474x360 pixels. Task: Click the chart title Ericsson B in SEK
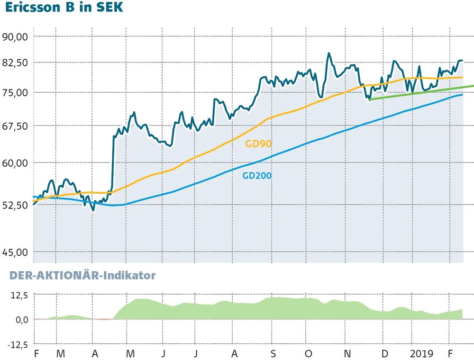64,9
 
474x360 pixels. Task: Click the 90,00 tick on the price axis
16,36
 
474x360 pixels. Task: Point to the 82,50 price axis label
16,63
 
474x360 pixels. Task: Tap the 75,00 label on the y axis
16,92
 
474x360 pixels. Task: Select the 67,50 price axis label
16,126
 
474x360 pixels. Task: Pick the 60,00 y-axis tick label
16,162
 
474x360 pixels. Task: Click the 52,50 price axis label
16,205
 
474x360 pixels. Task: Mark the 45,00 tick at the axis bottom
16,252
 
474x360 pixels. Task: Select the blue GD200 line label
257,176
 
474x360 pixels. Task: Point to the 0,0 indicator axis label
21,319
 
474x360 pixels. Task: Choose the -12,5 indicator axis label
17,344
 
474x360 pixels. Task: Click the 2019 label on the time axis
422,353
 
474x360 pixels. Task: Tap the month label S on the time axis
272,353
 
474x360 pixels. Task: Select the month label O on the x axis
309,353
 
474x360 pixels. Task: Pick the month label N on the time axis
347,353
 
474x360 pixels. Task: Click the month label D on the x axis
384,353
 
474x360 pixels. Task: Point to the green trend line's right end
472,86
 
